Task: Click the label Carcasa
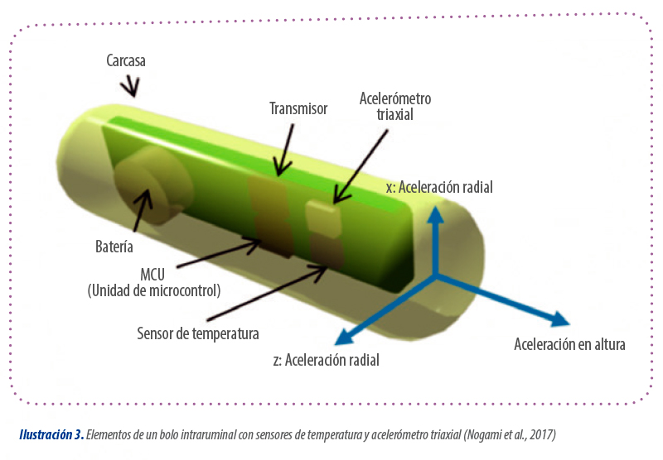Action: [126, 60]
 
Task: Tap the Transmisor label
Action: [298, 108]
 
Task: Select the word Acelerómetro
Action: [395, 98]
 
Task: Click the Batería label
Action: [114, 247]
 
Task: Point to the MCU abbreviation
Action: [152, 275]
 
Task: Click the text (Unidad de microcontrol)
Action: [154, 290]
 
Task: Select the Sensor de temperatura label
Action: [198, 333]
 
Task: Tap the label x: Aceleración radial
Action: [439, 187]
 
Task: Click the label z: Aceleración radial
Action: [326, 360]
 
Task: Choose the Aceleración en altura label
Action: [569, 344]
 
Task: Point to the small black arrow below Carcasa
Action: [131, 86]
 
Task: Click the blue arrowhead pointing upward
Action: [435, 214]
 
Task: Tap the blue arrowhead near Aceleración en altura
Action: [560, 319]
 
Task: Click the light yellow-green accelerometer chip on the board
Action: [324, 216]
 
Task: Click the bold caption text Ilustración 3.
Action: [51, 434]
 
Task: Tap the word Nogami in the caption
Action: [484, 434]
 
